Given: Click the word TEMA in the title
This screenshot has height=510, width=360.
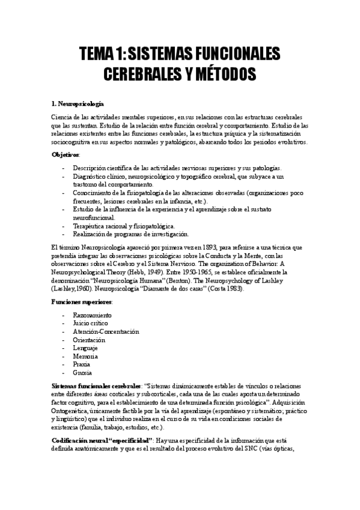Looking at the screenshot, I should (x=97, y=55).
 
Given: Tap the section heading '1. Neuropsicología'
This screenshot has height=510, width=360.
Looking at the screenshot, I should (x=78, y=104).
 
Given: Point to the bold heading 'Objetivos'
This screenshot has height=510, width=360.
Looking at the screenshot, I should (x=66, y=155).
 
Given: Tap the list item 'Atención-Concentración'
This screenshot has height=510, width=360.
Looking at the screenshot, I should (x=105, y=331).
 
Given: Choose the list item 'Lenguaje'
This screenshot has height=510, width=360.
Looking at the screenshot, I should (x=85, y=348).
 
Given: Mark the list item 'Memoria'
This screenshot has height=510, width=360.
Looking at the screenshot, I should (x=85, y=356).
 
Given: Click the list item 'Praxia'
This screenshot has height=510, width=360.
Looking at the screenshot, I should (x=82, y=364).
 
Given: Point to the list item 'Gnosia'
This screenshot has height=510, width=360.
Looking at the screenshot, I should (x=83, y=372).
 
